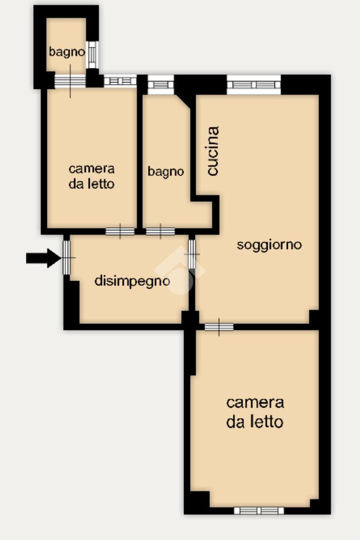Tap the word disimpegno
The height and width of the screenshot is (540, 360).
pyautogui.click(x=132, y=281)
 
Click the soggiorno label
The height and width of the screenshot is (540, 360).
pyautogui.click(x=269, y=245)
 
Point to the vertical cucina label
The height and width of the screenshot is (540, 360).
pyautogui.click(x=213, y=151)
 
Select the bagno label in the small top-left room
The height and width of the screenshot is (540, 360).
pyautogui.click(x=67, y=52)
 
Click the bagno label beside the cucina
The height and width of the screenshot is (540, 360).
pyautogui.click(x=166, y=171)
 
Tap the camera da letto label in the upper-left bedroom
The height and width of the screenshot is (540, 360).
pyautogui.click(x=92, y=176)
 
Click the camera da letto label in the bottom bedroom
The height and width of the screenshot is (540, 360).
pyautogui.click(x=255, y=412)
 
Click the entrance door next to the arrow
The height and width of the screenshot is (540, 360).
pyautogui.click(x=66, y=257)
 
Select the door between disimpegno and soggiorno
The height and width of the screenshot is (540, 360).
pyautogui.click(x=192, y=254)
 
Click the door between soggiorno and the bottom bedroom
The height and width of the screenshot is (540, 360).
pyautogui.click(x=219, y=327)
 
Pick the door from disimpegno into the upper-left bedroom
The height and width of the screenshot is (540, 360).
pyautogui.click(x=120, y=232)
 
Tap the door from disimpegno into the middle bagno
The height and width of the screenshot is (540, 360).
pyautogui.click(x=160, y=232)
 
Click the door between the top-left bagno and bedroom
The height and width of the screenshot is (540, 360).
pyautogui.click(x=70, y=81)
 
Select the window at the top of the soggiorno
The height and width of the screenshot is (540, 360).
pyautogui.click(x=254, y=84)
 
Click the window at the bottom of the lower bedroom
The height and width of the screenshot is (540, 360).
pyautogui.click(x=259, y=510)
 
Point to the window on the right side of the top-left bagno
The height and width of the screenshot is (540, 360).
pyautogui.click(x=92, y=55)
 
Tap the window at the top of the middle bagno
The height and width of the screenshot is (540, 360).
pyautogui.click(x=161, y=84)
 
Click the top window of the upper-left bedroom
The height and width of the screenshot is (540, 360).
pyautogui.click(x=120, y=81)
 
